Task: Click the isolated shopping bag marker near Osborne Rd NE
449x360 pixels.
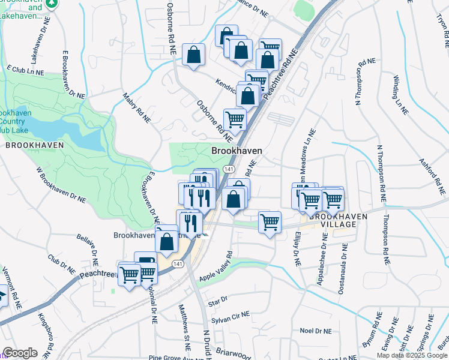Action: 193,55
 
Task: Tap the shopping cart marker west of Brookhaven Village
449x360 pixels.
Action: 270,223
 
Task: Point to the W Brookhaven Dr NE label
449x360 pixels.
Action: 61,184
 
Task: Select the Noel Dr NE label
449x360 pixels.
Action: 315,331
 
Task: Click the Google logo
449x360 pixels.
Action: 20,353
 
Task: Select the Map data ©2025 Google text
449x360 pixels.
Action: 412,355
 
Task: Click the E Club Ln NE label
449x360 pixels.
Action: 26,71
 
